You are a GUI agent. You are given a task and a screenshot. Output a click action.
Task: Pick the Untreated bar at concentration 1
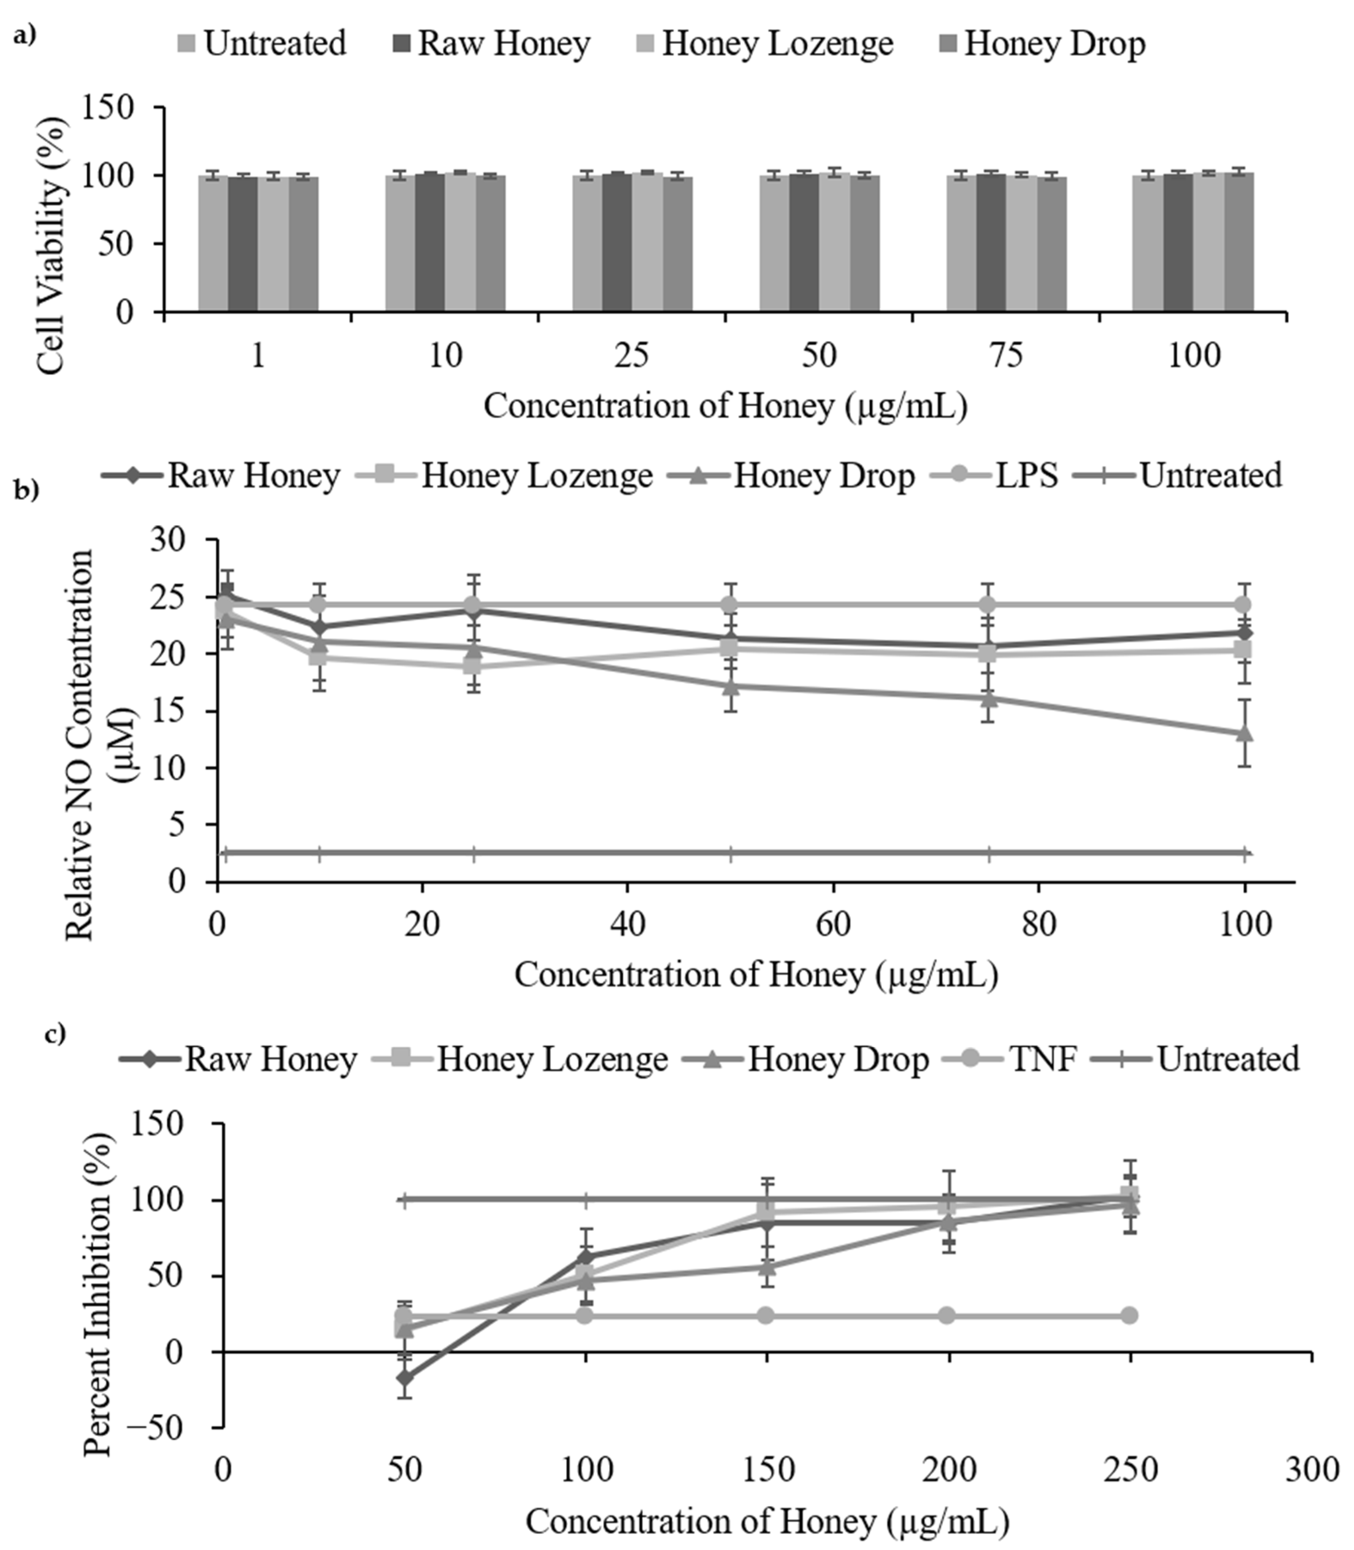[213, 243]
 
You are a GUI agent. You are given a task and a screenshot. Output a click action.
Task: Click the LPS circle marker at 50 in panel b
[730, 605]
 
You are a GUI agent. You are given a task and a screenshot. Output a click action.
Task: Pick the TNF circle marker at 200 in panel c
[948, 1316]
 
